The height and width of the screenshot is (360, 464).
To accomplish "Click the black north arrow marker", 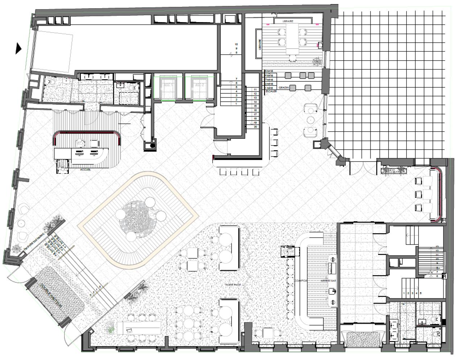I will [x=18, y=48].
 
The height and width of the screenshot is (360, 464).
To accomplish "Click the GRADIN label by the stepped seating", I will [x=284, y=88].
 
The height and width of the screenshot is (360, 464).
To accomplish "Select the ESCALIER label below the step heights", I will [x=270, y=92].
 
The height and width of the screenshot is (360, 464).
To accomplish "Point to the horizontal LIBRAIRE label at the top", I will [x=288, y=21].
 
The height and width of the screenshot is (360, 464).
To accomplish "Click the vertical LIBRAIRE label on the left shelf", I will [x=260, y=44].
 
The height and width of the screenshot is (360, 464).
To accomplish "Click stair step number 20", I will [x=255, y=127].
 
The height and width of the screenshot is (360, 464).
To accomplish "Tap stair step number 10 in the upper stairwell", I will [x=236, y=44].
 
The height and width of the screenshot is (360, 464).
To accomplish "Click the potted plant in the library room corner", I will [x=317, y=62].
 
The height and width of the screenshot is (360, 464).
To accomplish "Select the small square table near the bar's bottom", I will [x=269, y=333].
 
